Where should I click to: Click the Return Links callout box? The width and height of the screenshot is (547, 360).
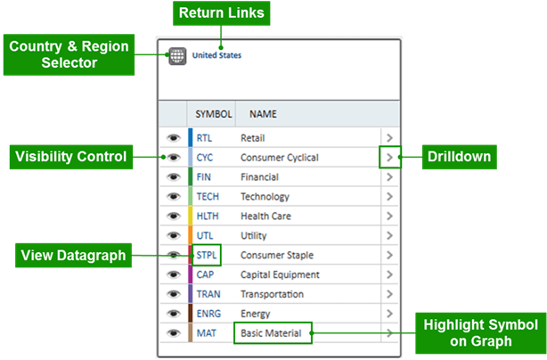(222, 13)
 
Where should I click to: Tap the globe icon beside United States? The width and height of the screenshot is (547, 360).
(176, 55)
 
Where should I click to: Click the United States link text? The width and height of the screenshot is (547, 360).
(216, 55)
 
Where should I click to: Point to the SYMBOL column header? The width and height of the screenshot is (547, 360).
(213, 114)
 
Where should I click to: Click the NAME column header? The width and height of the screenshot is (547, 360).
(263, 114)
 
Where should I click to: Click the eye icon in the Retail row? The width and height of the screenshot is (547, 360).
(172, 138)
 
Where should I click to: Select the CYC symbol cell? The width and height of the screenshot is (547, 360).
(205, 158)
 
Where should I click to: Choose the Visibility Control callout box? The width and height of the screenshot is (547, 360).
(70, 158)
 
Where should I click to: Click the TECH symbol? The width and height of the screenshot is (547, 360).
(208, 197)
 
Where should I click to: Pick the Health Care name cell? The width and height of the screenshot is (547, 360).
(265, 217)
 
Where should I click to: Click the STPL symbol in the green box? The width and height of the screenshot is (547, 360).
(206, 256)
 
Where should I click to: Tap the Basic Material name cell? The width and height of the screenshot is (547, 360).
(271, 334)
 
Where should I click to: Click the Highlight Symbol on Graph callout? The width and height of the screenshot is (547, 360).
(479, 334)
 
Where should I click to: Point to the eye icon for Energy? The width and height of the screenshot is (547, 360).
(172, 315)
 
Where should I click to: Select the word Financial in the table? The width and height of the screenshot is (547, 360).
(259, 177)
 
